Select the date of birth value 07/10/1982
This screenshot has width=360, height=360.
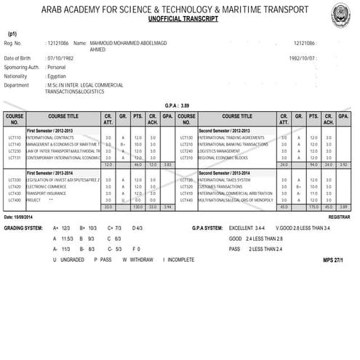[60, 57]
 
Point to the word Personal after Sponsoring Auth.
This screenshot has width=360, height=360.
[56, 66]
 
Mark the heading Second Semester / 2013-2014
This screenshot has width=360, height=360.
[223, 173]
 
